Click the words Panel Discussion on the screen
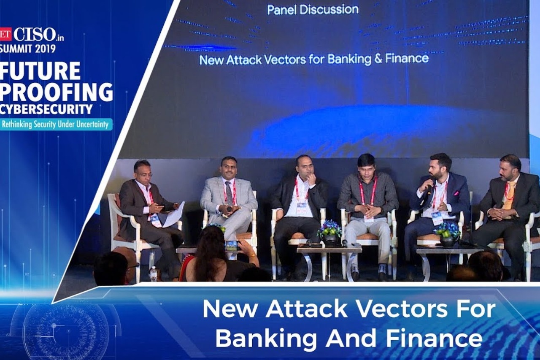[313, 10]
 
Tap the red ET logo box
[5, 34]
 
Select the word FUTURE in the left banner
[40, 71]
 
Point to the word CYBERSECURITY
[46, 109]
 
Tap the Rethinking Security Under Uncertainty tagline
[57, 125]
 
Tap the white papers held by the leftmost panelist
[174, 214]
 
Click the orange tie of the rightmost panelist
[510, 195]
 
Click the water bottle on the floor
[154, 274]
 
